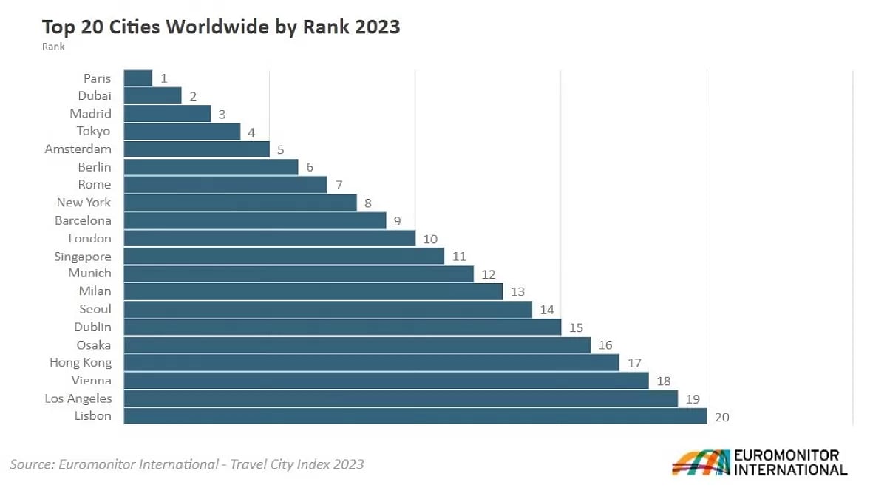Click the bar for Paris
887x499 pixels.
[x=137, y=78]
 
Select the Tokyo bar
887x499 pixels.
[x=182, y=132]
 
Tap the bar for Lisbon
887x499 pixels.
[x=415, y=416]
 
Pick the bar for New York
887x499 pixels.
[x=240, y=203]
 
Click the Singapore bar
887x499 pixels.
[x=284, y=256]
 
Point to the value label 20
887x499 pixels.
[x=722, y=418]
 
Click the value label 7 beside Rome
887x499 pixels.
[x=339, y=185]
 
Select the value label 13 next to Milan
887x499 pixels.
[x=517, y=292]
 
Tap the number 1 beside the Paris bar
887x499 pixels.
[x=164, y=78]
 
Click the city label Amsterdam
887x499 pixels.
[x=78, y=149]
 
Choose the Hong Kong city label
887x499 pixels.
[x=81, y=363]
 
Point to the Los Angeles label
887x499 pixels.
[x=78, y=398]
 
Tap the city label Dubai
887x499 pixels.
[x=95, y=96]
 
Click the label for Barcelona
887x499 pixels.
[x=83, y=220]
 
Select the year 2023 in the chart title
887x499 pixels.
[x=378, y=27]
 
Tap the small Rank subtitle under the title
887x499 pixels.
[x=53, y=47]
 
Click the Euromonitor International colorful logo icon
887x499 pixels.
[x=701, y=462]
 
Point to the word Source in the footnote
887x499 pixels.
[x=33, y=464]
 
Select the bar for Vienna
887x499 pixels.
[x=386, y=381]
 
